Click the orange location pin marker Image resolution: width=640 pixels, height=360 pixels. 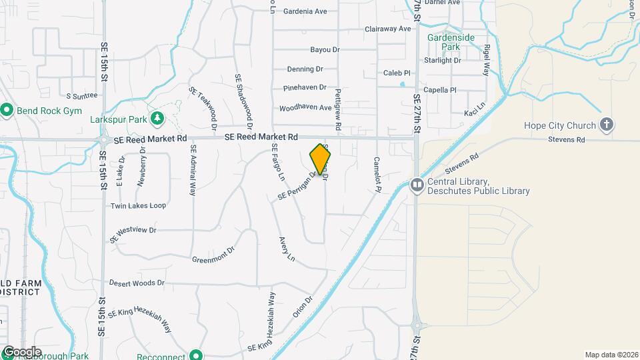click(321, 159)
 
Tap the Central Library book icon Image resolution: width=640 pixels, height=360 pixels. click(417, 183)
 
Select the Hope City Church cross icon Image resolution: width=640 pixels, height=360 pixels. click(606, 125)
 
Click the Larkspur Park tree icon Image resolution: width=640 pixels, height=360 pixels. click(157, 119)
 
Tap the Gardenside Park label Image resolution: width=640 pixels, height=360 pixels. click(451, 43)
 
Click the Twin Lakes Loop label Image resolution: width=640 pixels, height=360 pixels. click(138, 206)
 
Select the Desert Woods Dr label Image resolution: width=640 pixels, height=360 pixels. click(137, 283)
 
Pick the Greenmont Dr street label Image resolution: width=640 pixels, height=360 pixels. click(213, 255)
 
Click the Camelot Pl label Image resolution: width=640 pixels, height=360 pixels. click(377, 174)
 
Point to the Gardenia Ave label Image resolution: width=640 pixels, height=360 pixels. click(305, 11)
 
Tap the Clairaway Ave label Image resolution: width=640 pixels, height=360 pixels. click(388, 29)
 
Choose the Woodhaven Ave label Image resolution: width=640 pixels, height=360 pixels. click(305, 108)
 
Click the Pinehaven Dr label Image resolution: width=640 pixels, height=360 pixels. click(305, 87)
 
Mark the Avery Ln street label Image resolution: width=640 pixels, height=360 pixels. click(287, 249)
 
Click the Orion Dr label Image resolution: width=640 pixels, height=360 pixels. click(302, 307)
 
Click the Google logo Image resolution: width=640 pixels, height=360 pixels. click(21, 352)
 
